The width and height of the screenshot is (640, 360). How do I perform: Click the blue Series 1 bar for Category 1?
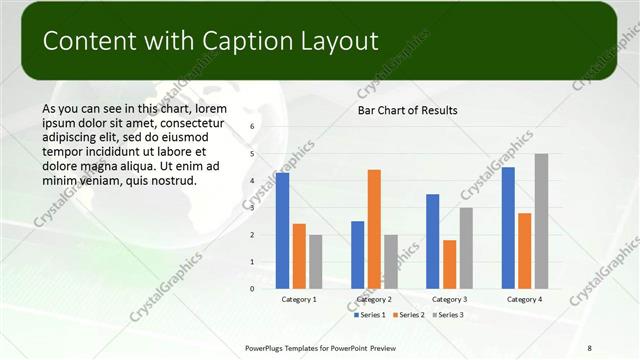pos(283,231)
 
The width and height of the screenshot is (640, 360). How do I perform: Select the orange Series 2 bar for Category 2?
pos(374,229)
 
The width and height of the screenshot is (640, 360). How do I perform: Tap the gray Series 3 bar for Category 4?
pos(541,221)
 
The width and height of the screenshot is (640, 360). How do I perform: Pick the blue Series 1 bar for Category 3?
pos(433,241)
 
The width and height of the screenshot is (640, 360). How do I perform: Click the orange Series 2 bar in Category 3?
pos(449,264)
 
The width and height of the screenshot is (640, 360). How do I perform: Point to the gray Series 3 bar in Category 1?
pos(315,262)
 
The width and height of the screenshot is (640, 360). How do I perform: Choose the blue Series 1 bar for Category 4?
pos(508,228)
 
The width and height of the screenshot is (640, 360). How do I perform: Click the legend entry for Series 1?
pos(373,315)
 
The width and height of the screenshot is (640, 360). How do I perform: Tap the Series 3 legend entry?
pos(449,315)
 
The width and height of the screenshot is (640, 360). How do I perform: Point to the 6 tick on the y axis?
pos(252,126)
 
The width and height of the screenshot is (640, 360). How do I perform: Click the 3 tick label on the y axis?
pos(252,208)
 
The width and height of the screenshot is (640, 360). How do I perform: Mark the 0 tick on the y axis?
pos(252,289)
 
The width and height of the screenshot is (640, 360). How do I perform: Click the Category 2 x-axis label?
pos(374,299)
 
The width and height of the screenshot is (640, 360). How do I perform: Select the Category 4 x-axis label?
pos(524,299)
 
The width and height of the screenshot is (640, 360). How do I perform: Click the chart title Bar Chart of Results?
pos(408,110)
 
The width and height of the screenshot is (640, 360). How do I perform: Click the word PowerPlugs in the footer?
pos(268,347)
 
